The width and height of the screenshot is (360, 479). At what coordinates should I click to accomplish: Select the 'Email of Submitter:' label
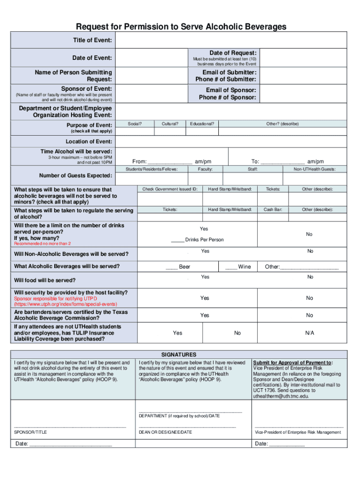[229, 73]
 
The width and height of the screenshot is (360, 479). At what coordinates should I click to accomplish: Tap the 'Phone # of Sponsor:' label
[227, 97]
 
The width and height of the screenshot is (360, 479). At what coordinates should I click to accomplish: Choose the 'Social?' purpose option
[135, 124]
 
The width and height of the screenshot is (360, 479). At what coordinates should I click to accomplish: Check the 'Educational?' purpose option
[202, 124]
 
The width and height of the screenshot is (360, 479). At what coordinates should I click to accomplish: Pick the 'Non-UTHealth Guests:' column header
[314, 169]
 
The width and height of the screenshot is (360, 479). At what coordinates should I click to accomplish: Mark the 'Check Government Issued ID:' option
[170, 189]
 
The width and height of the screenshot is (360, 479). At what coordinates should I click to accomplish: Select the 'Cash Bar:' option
[273, 210]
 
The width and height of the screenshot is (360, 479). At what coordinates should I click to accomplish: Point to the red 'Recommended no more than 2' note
[43, 244]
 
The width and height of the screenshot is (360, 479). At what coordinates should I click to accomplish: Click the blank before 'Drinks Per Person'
[178, 240]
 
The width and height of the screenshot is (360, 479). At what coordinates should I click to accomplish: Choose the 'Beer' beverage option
[178, 267]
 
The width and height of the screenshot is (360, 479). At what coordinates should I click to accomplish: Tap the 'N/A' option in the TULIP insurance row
[310, 333]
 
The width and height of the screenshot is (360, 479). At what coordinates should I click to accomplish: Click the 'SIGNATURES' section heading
[179, 355]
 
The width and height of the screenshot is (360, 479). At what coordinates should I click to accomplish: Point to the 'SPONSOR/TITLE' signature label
[31, 432]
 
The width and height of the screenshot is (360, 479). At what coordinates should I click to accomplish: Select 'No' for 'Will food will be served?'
[310, 277]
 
